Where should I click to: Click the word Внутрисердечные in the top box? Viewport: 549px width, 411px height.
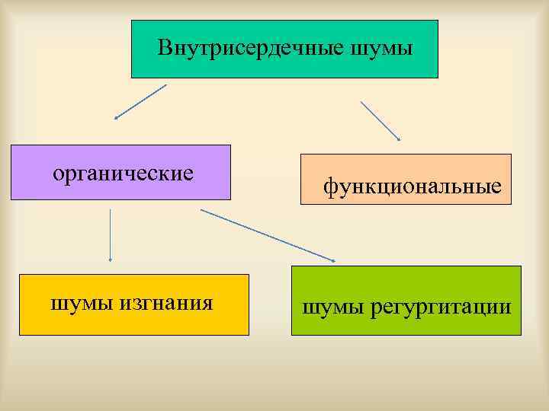[x=251, y=49]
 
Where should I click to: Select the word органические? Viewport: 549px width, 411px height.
[x=123, y=173]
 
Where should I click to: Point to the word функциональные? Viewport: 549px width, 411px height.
[x=412, y=185]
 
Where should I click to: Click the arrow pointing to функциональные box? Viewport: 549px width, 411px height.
[x=380, y=120]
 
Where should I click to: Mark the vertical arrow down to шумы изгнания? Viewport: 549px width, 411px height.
[x=111, y=236]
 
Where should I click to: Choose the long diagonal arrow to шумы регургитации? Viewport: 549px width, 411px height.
[x=267, y=235]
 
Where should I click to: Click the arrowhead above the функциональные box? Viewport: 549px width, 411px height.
[x=399, y=139]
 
